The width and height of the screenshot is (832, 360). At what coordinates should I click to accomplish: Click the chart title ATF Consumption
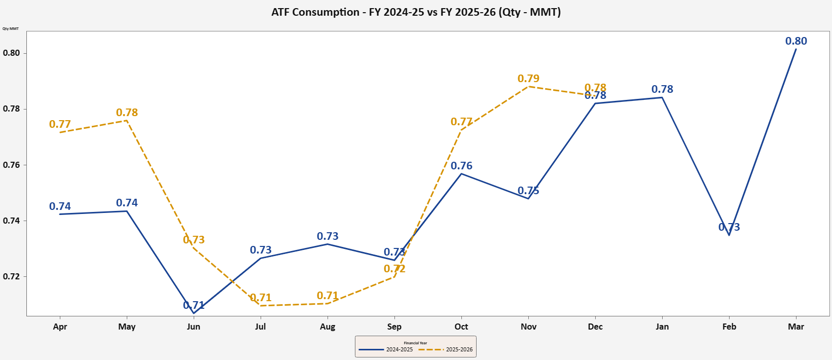click(x=416, y=12)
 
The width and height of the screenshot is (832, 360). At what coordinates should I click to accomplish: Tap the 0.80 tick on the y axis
click(x=11, y=53)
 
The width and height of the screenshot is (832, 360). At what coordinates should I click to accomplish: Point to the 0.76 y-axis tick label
click(x=11, y=165)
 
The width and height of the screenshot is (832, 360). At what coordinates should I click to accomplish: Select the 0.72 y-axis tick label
click(x=11, y=276)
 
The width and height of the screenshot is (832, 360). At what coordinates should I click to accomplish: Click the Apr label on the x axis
click(x=60, y=327)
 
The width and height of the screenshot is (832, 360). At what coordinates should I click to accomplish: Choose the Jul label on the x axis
click(x=261, y=327)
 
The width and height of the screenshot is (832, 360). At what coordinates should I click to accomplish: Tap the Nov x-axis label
click(x=528, y=327)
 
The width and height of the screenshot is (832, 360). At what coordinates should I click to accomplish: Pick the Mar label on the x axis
click(x=796, y=327)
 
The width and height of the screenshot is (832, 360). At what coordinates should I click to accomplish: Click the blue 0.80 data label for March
click(x=796, y=41)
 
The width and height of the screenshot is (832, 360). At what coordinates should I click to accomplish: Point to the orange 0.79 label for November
click(x=528, y=79)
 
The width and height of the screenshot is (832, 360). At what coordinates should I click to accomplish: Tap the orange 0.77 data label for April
click(x=60, y=124)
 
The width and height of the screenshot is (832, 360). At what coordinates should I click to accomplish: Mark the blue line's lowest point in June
click(x=194, y=313)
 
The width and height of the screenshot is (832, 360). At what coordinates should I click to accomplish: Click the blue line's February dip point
click(x=729, y=235)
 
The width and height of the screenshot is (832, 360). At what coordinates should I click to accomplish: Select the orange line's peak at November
click(x=528, y=86)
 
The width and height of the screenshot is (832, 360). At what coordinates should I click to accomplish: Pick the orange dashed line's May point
click(x=127, y=120)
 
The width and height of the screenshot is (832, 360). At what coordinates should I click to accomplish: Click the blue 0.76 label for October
click(x=461, y=166)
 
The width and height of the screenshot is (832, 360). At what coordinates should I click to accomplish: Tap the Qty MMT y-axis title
click(x=11, y=28)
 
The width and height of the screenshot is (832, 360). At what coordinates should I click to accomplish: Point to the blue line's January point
click(x=662, y=97)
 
